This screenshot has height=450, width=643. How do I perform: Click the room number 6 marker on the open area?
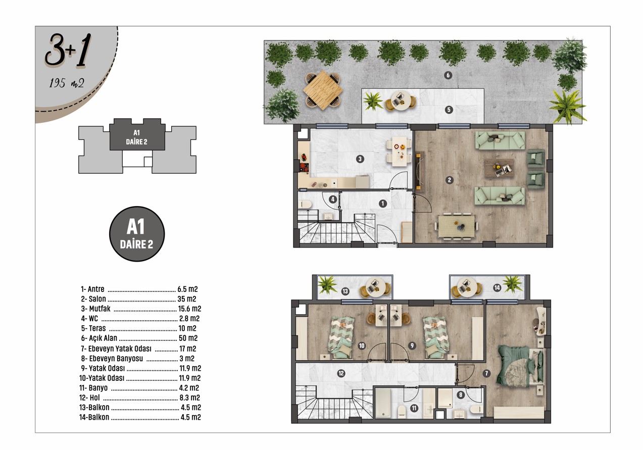448,75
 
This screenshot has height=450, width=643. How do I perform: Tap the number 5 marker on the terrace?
449,110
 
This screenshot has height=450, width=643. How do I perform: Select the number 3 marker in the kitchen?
360,159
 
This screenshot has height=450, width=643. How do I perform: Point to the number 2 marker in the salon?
450,180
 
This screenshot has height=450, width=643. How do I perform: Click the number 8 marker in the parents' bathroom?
461,395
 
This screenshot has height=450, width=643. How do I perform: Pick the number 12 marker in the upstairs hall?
341,373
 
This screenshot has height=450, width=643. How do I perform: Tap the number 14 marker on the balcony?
497,287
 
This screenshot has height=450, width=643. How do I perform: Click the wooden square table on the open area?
323,90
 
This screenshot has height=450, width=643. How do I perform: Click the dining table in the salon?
457,227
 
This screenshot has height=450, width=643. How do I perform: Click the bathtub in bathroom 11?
383,403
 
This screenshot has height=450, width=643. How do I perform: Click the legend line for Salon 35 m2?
138,299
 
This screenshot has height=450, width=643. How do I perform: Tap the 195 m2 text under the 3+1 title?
67,83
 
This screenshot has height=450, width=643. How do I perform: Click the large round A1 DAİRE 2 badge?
137,234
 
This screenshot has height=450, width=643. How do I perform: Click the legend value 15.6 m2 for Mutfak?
189,309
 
